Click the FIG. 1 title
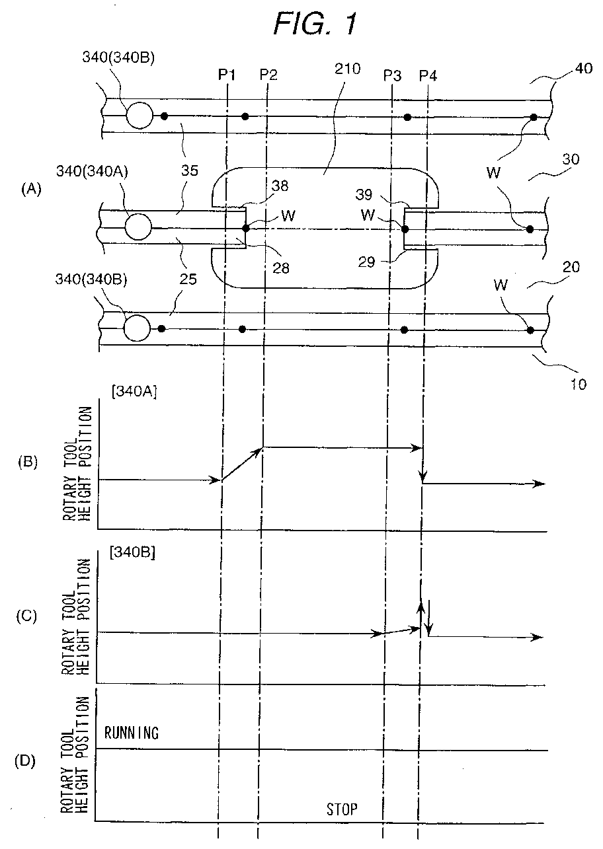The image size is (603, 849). (315, 24)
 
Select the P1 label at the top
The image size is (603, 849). (227, 75)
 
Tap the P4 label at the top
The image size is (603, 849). (428, 76)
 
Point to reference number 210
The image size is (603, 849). (347, 69)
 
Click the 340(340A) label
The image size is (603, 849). (92, 171)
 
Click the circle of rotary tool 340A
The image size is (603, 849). (138, 227)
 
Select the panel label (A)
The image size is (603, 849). (31, 188)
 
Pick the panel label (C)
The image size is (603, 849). (26, 617)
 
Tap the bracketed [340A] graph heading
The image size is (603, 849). (134, 392)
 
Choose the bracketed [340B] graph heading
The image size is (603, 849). (132, 552)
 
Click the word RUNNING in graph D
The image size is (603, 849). (131, 733)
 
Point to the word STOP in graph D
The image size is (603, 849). (342, 809)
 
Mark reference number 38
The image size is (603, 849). (280, 186)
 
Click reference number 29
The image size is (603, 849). (366, 262)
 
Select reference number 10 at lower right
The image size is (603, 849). (579, 385)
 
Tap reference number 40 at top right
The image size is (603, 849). (584, 68)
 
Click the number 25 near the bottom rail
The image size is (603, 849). (188, 279)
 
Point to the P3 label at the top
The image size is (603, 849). (392, 76)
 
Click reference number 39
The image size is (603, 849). (364, 195)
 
